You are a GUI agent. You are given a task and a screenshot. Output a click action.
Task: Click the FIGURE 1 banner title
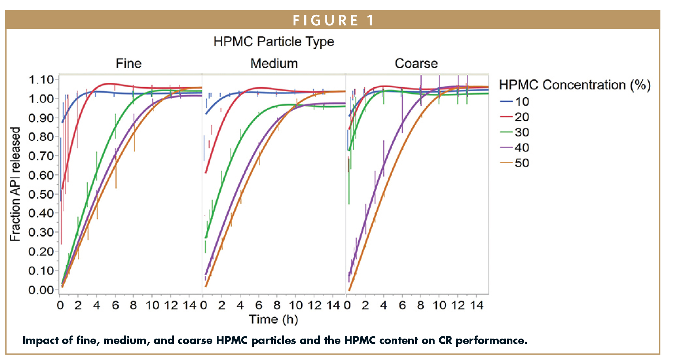click(x=333, y=21)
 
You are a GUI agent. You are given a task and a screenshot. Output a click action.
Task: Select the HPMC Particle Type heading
click(x=273, y=42)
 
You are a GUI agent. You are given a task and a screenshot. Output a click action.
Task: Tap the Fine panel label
click(x=128, y=64)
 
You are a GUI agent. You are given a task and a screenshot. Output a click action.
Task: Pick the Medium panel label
click(x=274, y=64)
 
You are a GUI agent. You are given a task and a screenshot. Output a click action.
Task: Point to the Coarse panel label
click(x=416, y=64)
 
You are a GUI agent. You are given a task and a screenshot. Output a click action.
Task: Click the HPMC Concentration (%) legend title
click(x=574, y=85)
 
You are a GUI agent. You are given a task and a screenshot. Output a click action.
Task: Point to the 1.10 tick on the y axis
click(x=41, y=80)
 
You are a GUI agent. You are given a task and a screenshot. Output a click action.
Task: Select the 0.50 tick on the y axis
click(x=41, y=194)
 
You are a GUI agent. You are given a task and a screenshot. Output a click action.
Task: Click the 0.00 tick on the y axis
click(x=41, y=290)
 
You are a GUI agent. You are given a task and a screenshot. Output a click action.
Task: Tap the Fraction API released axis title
click(x=15, y=184)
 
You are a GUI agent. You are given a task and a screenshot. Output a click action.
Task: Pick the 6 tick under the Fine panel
click(x=115, y=305)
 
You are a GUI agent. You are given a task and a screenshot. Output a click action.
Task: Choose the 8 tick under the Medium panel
click(x=277, y=305)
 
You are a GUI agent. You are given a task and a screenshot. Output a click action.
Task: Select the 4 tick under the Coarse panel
click(x=383, y=305)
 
